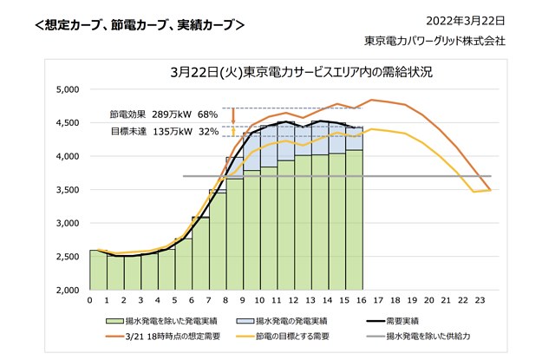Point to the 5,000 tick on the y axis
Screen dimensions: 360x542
[x=67, y=89]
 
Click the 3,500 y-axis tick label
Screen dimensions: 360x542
[x=67, y=190]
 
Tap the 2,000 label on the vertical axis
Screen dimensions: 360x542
[x=67, y=291]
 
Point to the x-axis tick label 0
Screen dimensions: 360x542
[x=89, y=300]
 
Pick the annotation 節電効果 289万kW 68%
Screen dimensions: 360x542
[x=163, y=114]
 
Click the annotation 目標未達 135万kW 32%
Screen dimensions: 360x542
[x=163, y=131]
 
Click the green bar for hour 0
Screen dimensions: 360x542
[x=98, y=270]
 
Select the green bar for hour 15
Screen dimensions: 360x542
[x=354, y=221]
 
